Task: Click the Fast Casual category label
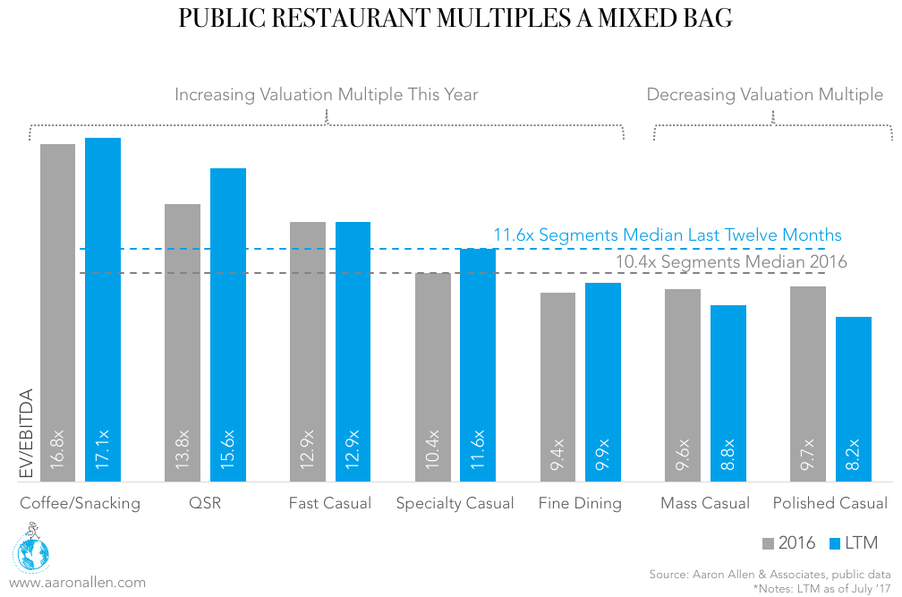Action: (329, 503)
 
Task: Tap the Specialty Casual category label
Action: (455, 503)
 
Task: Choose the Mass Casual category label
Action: (705, 503)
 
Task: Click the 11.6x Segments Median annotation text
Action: (668, 235)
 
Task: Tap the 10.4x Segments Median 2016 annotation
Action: (731, 262)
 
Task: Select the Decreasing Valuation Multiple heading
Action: (764, 95)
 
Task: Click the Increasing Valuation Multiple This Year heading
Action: (326, 95)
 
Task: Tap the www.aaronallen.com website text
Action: (77, 582)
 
